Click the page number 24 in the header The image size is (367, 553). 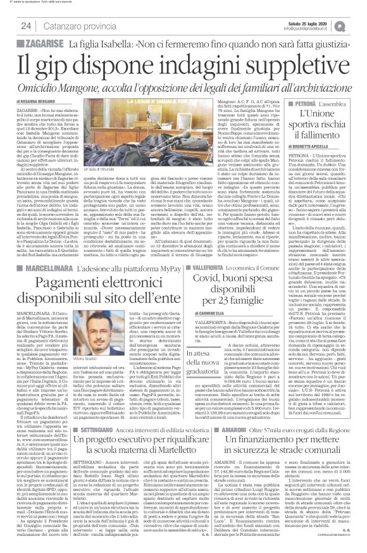[x=26, y=26]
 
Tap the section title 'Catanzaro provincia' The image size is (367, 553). [x=74, y=26]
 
